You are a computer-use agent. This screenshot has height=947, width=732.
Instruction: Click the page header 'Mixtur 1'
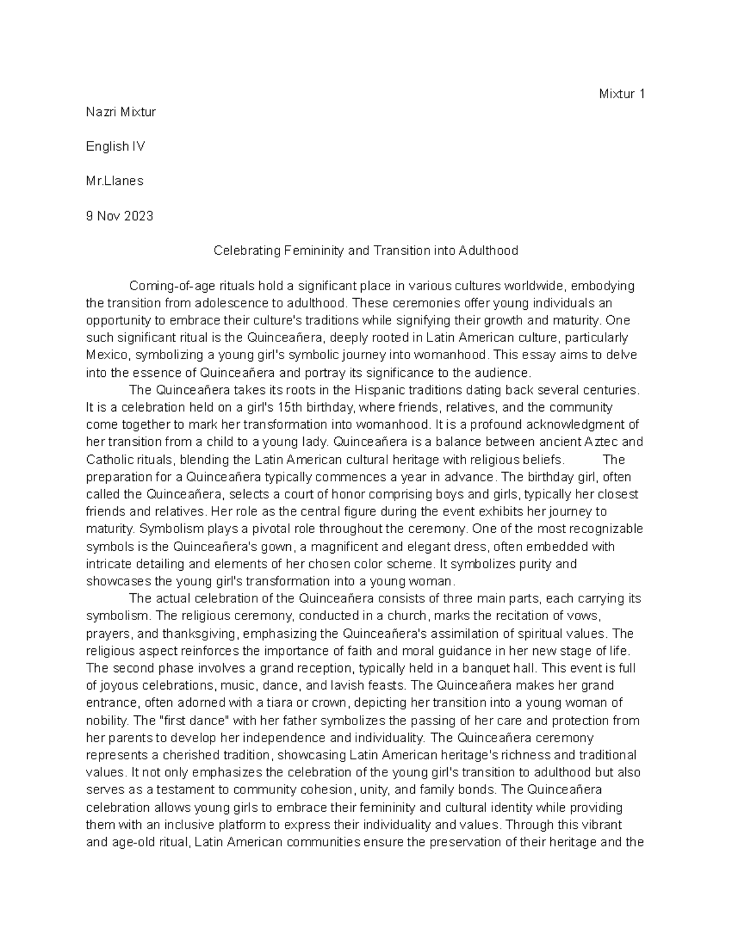click(x=622, y=94)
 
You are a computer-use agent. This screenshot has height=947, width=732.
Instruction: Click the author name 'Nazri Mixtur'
click(x=121, y=112)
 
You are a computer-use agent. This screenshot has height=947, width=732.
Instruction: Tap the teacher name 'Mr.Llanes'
click(x=115, y=181)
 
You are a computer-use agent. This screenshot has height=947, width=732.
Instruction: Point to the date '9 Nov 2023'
click(x=120, y=216)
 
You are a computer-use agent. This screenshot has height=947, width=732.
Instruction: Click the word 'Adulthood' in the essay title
click(x=488, y=251)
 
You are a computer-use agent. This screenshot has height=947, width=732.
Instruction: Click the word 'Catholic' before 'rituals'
click(x=107, y=459)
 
